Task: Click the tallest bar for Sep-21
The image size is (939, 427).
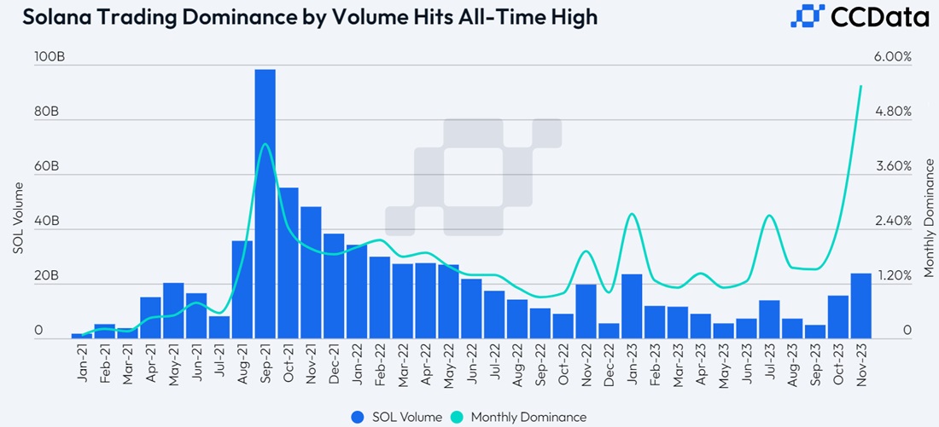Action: point(265,205)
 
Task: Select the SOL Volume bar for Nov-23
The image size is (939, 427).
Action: point(860,306)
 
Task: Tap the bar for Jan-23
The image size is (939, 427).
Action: point(632,307)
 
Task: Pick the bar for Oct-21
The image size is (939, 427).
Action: point(288,263)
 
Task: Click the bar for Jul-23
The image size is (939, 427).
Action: point(769,320)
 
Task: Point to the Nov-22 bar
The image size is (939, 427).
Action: point(586,312)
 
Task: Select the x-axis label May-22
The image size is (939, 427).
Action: point(448,361)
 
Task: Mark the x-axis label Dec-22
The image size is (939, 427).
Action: point(609,361)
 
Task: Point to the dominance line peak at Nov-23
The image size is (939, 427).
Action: point(860,85)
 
